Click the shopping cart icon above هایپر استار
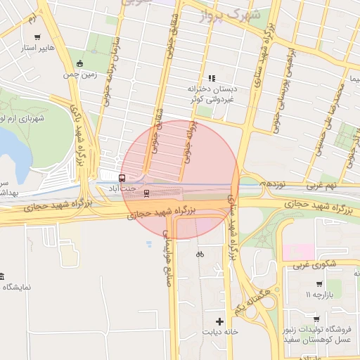click(x=37, y=37)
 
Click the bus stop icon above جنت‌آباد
click(x=122, y=178)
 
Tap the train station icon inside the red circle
click(x=146, y=193)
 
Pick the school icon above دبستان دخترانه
click(x=211, y=78)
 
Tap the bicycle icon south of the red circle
click(x=200, y=255)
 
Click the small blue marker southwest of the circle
click(x=148, y=244)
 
